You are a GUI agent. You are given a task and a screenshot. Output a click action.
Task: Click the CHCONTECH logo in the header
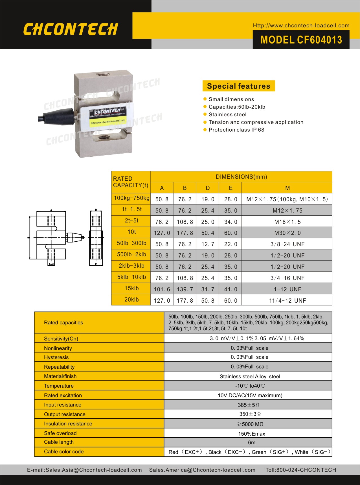70,29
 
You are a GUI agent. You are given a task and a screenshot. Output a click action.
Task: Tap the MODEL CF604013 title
301,40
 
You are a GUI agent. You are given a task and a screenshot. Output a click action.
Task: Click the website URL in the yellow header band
301,25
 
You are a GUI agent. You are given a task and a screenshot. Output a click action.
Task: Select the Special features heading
238,86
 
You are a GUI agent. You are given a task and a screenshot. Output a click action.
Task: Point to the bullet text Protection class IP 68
236,130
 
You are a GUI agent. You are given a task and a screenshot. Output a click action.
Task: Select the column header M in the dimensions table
287,188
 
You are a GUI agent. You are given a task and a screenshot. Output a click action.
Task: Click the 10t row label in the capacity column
131,232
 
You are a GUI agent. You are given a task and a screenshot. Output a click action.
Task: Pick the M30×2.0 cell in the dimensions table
287,233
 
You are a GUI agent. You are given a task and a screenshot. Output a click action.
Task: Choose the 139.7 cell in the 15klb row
185,289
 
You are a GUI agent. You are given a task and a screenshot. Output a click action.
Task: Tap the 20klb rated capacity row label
131,300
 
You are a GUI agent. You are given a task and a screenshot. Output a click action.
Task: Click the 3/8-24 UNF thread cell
287,244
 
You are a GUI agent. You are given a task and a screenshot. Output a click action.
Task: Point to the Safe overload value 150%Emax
251,434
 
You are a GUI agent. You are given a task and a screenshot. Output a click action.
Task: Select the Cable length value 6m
251,442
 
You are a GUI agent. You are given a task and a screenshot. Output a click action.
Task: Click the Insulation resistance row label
68,424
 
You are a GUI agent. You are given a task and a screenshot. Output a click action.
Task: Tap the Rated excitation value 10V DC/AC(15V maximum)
250,396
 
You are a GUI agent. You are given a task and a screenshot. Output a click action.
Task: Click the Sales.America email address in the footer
202,470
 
